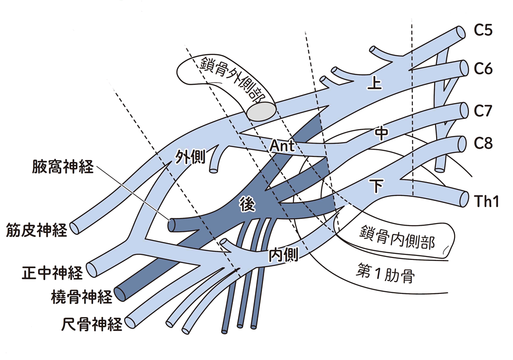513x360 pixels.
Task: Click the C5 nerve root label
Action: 483,30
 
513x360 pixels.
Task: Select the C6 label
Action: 483,68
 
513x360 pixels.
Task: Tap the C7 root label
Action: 483,110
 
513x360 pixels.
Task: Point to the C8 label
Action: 483,144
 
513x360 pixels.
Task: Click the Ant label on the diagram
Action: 282,147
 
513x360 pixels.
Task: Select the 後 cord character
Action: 247,205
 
